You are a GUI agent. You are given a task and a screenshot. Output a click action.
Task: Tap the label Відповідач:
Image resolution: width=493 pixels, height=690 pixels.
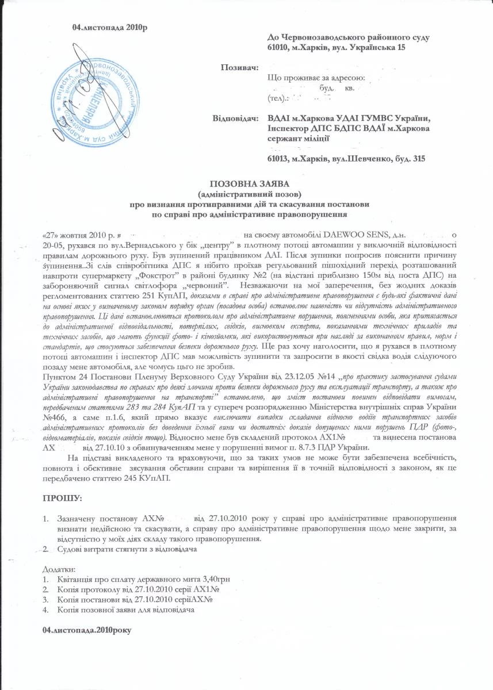click(234, 118)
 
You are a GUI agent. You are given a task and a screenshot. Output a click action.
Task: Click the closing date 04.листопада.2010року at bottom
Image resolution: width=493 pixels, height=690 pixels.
click(87, 630)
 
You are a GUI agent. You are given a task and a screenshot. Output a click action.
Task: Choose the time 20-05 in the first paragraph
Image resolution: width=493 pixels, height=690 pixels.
click(53, 243)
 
